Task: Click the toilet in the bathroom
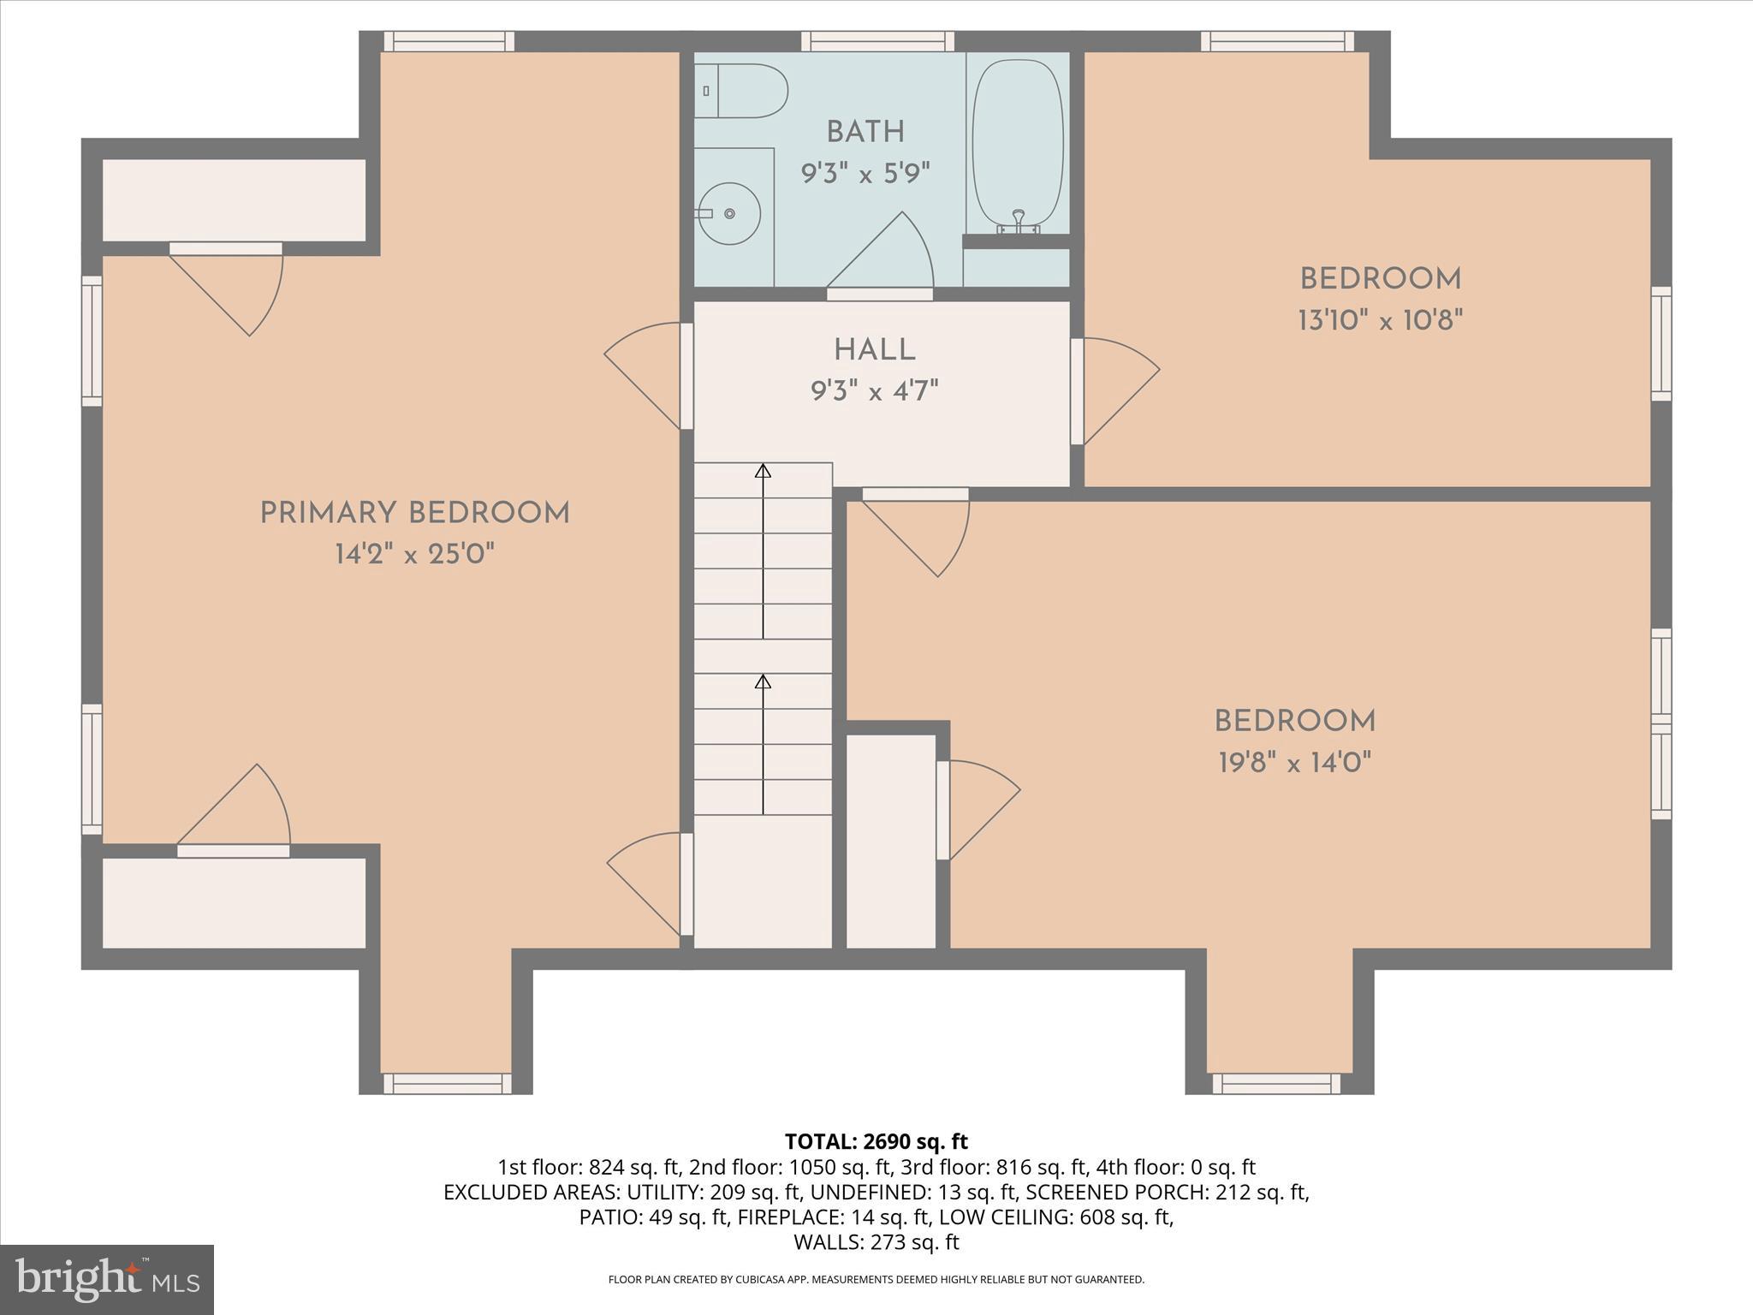741,91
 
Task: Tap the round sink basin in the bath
729,213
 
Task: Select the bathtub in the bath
1018,141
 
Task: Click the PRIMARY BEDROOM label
414,514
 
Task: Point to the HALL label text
874,350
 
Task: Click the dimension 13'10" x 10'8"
1380,321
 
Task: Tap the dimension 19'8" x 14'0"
1294,762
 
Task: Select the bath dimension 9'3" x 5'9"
865,175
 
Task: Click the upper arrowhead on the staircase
763,471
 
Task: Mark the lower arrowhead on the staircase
763,681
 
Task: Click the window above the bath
877,41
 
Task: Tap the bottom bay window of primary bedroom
447,1083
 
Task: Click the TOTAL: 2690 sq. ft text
876,1141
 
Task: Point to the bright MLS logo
107,1279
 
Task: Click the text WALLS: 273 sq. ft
876,1242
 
